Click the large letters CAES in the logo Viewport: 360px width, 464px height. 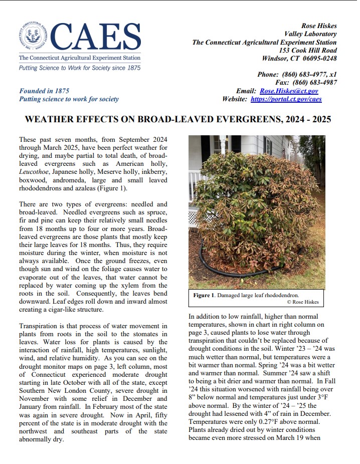click(95, 38)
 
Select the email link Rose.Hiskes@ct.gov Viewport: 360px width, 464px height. click(289, 91)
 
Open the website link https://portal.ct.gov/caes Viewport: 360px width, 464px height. click(286, 99)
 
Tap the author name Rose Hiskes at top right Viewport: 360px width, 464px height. click(319, 26)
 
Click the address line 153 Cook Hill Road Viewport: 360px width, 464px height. click(308, 51)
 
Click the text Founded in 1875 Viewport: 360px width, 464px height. click(44, 91)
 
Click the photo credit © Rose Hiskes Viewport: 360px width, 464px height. click(302, 302)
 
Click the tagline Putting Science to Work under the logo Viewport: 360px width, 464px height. click(80, 68)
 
